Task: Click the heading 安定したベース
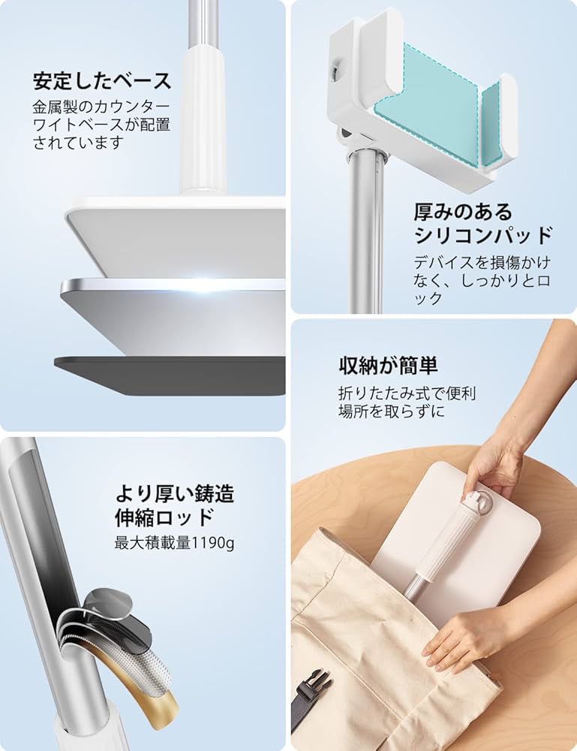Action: click(x=102, y=80)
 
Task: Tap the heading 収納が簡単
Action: click(x=388, y=366)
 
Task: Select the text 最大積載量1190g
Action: click(x=174, y=541)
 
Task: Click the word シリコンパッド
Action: click(x=483, y=236)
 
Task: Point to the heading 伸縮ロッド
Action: click(x=164, y=517)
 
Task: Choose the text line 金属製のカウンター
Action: click(x=101, y=106)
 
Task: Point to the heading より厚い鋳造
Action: click(x=174, y=493)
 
